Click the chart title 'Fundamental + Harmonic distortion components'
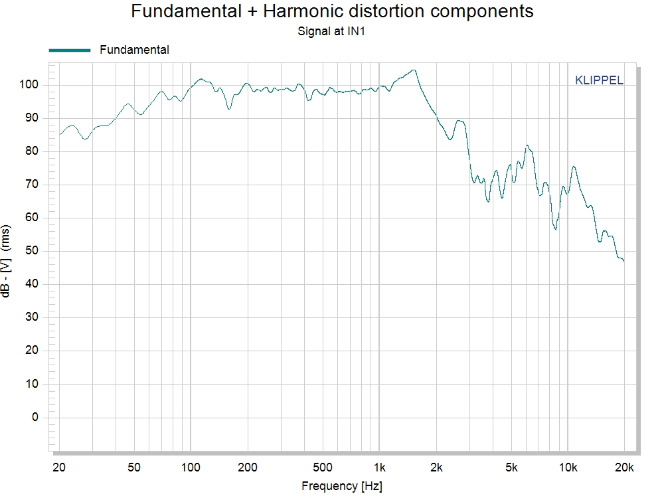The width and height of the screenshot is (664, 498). point(332,11)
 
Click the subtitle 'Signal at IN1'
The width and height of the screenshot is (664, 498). point(332,31)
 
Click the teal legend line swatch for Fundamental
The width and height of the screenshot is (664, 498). point(69,50)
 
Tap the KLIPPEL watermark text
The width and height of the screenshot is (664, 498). point(598,81)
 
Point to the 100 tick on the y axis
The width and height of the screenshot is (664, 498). point(31,85)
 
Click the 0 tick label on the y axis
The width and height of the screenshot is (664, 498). point(35,418)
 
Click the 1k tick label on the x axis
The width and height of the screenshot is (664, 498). point(379,467)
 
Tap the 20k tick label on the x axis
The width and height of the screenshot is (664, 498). point(624,467)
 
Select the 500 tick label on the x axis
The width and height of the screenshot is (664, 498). point(322,467)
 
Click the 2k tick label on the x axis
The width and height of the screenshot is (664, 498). point(436,467)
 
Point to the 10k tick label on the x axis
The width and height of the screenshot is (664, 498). point(568,467)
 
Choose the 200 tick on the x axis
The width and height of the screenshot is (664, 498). point(248,467)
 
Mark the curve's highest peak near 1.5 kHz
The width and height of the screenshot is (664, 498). point(414,70)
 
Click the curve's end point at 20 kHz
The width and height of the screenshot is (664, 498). point(623,261)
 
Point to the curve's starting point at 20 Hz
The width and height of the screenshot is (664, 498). point(60,134)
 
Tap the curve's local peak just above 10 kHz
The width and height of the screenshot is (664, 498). point(573,167)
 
